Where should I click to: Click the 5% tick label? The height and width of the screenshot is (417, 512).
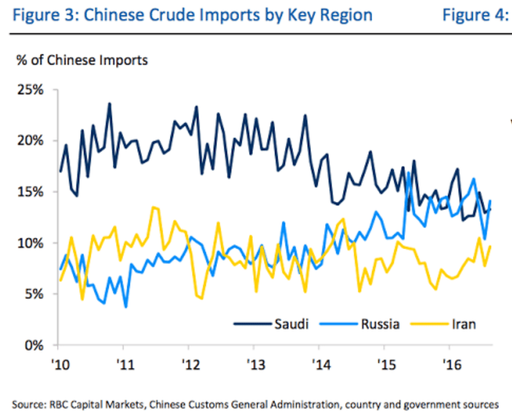(34, 294)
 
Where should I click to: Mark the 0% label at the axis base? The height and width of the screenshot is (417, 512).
(34, 345)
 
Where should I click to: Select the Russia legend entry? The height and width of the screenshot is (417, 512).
(379, 323)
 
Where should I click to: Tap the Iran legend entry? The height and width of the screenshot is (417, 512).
(463, 323)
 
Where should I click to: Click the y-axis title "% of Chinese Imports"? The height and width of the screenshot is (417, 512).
(82, 60)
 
